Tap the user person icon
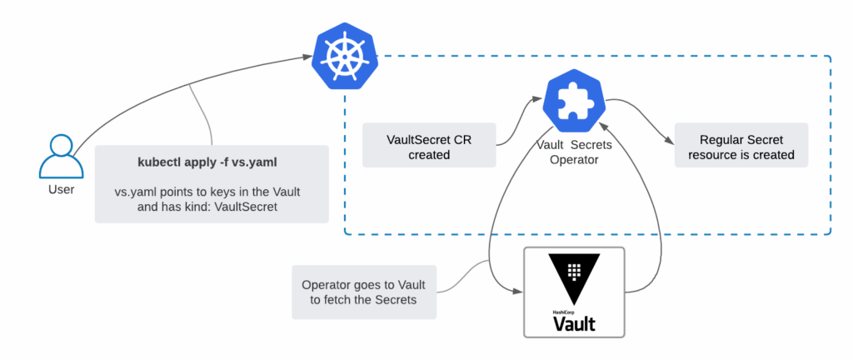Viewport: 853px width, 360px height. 61,156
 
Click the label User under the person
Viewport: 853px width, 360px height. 61,189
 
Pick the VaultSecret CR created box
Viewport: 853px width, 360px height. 429,146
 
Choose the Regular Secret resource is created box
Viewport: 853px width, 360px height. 741,146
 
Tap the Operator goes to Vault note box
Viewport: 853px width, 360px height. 364,292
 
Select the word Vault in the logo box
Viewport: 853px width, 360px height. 574,323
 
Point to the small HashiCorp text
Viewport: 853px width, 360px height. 564,312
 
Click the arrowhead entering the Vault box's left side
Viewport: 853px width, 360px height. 518,292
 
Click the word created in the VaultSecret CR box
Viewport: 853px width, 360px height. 429,154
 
